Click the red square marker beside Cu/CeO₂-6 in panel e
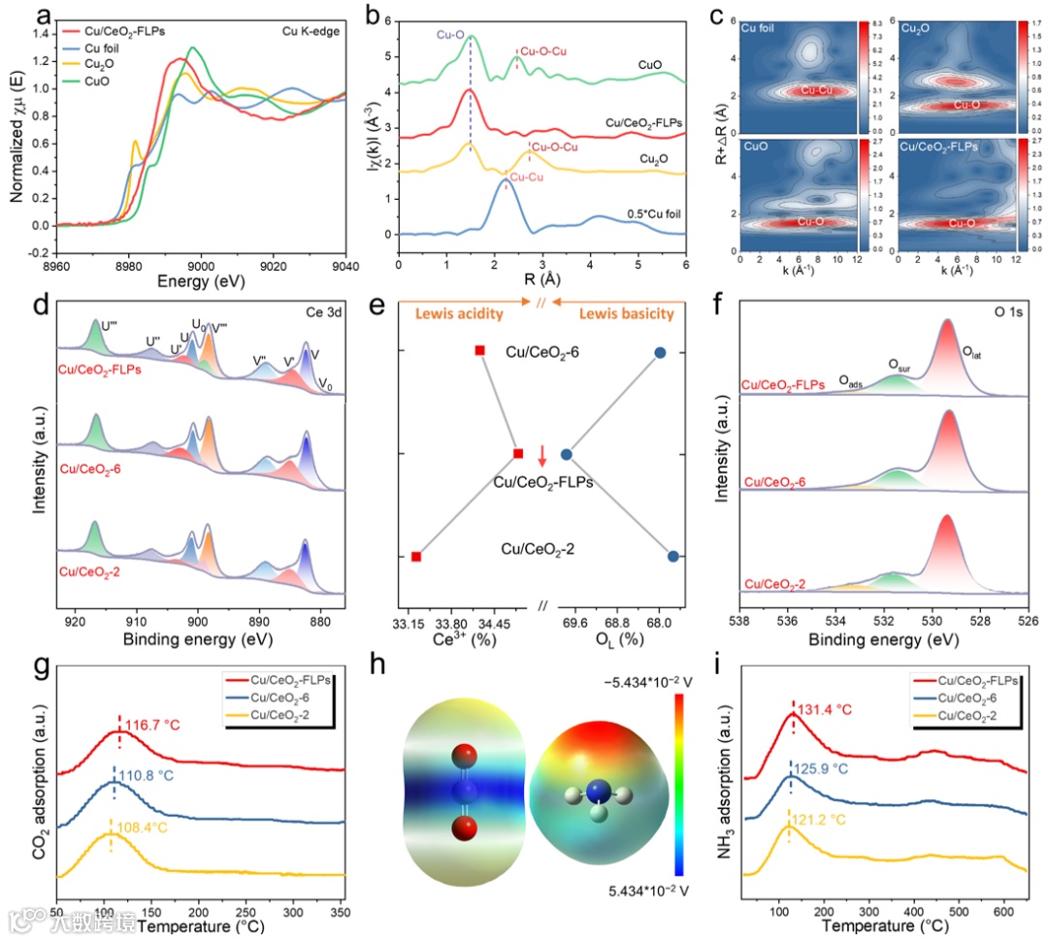[479, 349]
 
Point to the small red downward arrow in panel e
[542, 452]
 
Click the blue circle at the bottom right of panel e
[673, 556]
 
